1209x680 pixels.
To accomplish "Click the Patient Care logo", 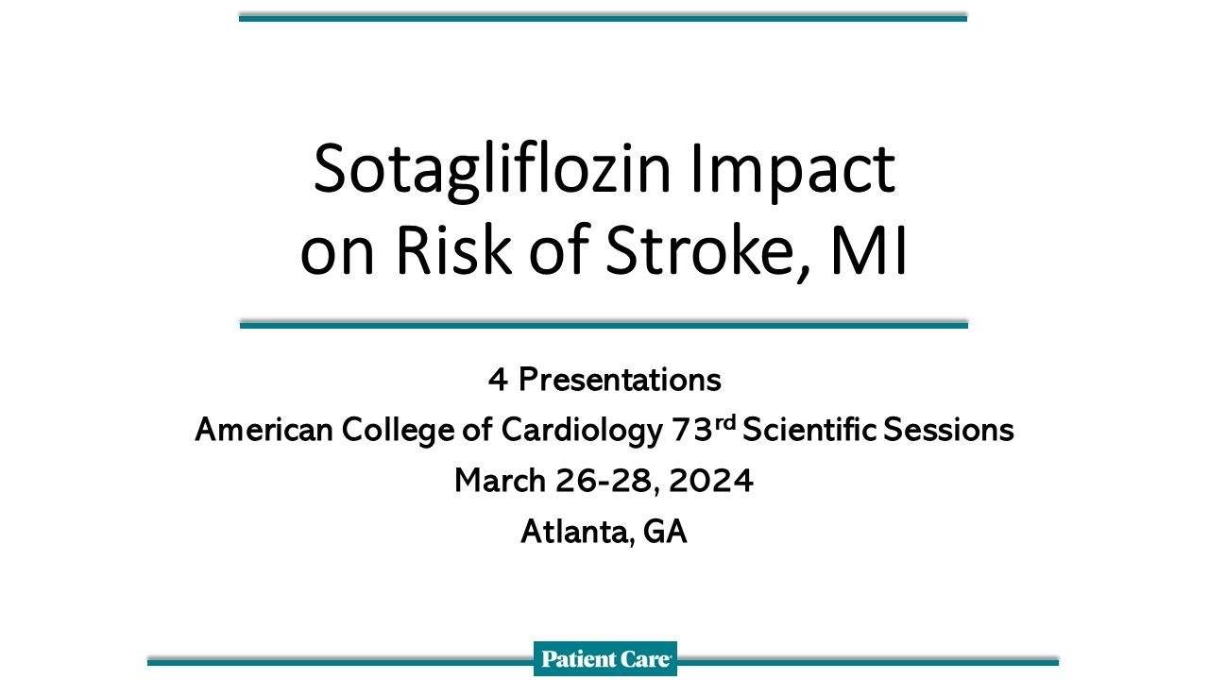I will [605, 659].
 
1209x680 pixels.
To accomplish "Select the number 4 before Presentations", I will [498, 381].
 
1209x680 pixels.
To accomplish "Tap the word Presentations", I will [620, 381].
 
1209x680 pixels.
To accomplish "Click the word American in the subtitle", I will [264, 431].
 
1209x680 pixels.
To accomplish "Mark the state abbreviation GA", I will [665, 533].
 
